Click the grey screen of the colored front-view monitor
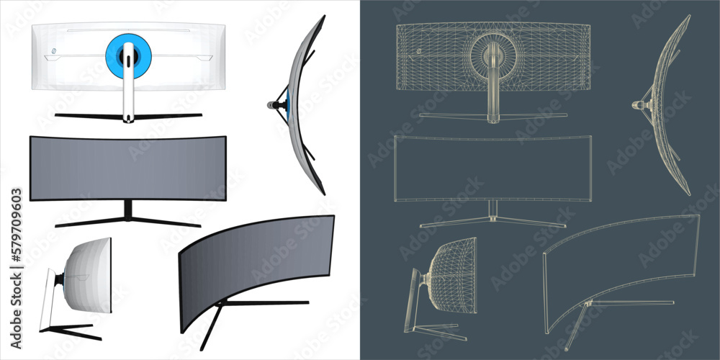[x=127, y=168]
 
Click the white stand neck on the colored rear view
[x=128, y=90]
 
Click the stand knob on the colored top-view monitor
[x=274, y=105]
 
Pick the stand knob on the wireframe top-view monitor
[x=637, y=105]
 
